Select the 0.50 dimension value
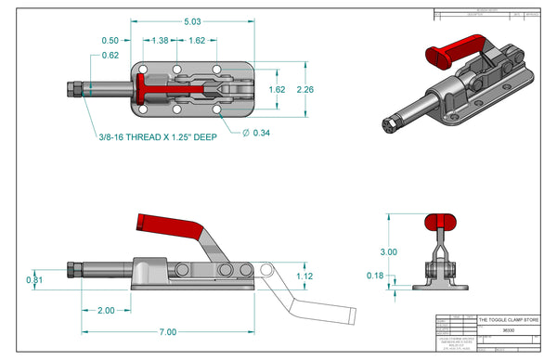110,41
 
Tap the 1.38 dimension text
160,41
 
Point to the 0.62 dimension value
110,56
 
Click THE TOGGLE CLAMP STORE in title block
508,320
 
